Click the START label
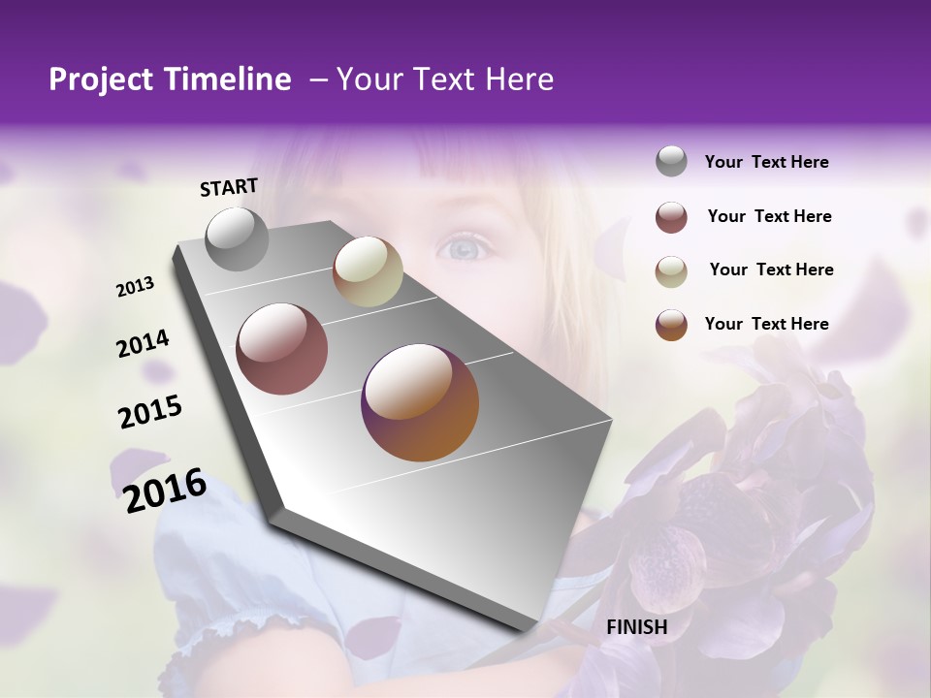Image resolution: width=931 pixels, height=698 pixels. pos(229,187)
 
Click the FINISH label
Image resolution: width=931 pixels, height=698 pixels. pos(637,627)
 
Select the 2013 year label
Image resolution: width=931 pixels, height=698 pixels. pos(136,286)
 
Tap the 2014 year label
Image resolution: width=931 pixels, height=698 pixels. pos(143,344)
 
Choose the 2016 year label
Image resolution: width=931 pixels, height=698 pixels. pos(165,490)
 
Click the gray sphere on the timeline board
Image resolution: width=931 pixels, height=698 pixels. pos(237,238)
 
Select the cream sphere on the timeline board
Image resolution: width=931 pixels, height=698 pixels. pos(368,271)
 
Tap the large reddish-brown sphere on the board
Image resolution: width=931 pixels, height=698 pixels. pos(282,349)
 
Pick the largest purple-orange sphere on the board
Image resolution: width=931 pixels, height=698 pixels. pos(420,402)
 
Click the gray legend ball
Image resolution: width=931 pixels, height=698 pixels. pos(671,162)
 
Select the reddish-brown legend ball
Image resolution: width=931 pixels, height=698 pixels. pos(671,217)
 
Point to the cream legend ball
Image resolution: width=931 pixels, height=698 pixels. pos(671,270)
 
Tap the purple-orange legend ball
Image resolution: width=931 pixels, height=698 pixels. pos(671,325)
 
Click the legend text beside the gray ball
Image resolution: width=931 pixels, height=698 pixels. pos(767,163)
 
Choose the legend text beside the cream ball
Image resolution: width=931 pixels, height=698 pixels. pos(772,270)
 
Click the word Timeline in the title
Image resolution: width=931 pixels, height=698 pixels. pos(227,79)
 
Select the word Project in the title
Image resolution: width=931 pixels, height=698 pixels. pos(102,79)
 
